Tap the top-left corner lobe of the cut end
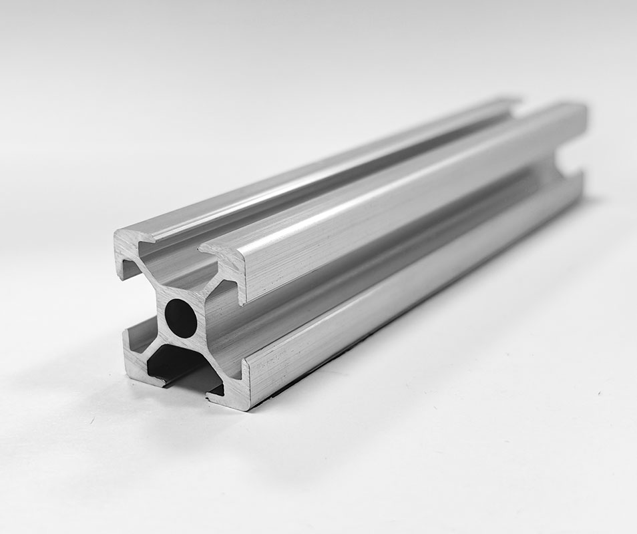tap(130, 244)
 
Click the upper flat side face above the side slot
tap(401, 200)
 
